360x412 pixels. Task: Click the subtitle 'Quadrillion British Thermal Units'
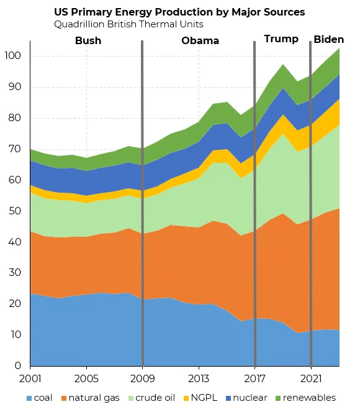click(128, 24)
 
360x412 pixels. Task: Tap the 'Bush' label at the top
click(88, 40)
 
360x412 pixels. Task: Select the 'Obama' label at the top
click(200, 40)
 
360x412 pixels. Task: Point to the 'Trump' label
click(281, 39)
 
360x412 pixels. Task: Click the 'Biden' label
click(329, 39)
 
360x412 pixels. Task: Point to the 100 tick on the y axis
click(13, 56)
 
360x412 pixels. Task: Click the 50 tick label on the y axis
click(15, 211)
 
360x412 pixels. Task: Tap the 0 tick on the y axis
click(18, 365)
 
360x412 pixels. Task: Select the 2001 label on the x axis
click(30, 378)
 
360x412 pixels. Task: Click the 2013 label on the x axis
click(199, 378)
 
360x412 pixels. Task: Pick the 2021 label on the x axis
click(311, 378)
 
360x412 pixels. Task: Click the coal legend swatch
click(29, 398)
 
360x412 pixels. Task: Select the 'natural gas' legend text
click(94, 398)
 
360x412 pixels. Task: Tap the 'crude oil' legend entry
click(151, 398)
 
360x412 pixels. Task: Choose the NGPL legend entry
click(200, 398)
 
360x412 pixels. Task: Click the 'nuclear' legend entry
click(246, 398)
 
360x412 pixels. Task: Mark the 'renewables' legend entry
click(305, 398)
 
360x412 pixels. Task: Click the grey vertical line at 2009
click(142, 203)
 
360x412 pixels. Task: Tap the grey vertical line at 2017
click(254, 204)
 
